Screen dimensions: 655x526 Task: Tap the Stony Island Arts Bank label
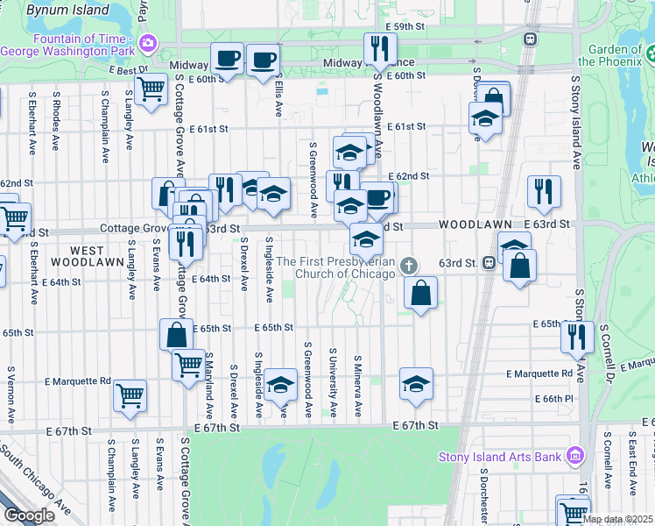(495, 456)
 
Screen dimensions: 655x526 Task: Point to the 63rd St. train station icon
(489, 262)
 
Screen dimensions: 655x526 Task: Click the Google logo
(29, 515)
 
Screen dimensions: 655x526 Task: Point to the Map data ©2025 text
(617, 519)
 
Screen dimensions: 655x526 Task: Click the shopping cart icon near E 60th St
(151, 89)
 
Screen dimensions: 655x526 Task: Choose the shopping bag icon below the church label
(421, 293)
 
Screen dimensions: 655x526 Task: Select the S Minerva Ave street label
(358, 386)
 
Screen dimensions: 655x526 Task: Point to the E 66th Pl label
(553, 399)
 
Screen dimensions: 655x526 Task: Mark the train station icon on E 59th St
(530, 39)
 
